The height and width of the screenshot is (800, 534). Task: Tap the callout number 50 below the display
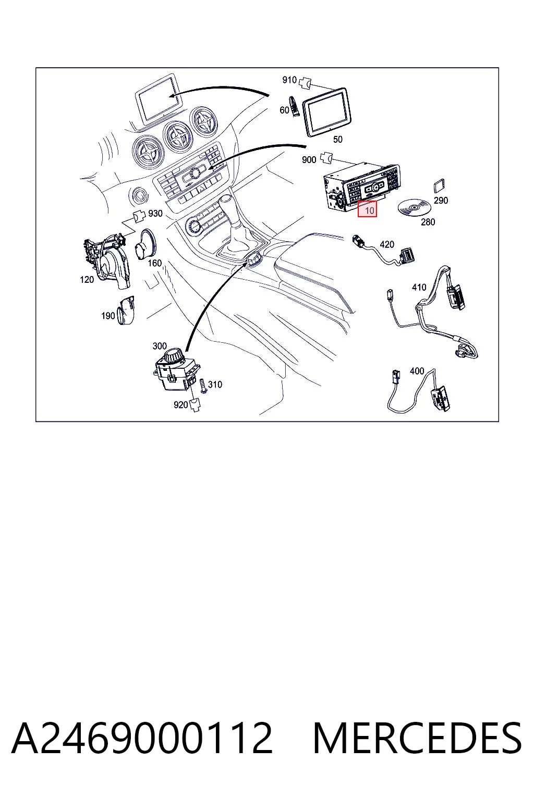(337, 139)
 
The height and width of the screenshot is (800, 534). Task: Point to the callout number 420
(386, 244)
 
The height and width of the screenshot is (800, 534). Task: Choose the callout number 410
(419, 287)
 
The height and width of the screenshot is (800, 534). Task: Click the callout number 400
(417, 371)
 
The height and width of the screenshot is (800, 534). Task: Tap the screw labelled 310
(203, 386)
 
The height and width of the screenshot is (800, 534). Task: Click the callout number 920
(180, 405)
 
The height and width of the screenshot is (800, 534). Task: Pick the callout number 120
(87, 279)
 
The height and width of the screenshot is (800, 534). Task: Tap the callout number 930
(155, 213)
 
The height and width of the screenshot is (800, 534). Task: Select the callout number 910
(289, 80)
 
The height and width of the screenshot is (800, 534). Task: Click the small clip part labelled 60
(294, 106)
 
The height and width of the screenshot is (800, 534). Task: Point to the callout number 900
(309, 159)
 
